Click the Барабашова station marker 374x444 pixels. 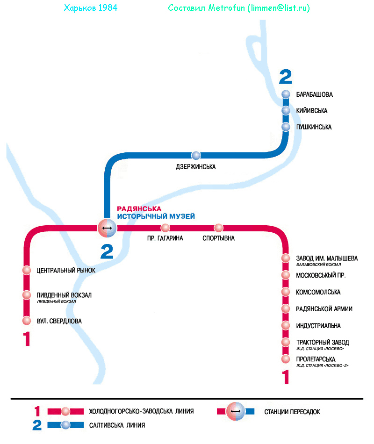(x=286, y=94)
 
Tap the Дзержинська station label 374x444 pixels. (x=196, y=167)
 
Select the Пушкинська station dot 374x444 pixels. (x=286, y=127)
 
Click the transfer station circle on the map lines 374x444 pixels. (x=107, y=228)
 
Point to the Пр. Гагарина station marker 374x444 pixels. (x=165, y=228)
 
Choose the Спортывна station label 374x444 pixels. (x=219, y=238)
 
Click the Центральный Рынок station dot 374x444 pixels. (x=27, y=270)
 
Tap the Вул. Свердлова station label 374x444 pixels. (x=59, y=321)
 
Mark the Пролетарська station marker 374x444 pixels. (x=286, y=359)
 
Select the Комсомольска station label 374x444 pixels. (x=318, y=292)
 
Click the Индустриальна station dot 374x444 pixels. (x=286, y=325)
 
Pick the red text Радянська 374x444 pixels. (x=139, y=209)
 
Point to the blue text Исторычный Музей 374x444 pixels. (x=156, y=216)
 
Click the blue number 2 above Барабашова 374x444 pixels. (x=285, y=77)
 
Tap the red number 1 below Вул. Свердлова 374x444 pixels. (x=27, y=339)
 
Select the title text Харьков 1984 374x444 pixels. (x=90, y=8)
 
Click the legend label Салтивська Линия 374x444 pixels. (x=117, y=425)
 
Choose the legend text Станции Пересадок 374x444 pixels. (x=292, y=412)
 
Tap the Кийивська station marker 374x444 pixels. (x=286, y=111)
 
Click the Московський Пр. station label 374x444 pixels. (x=321, y=275)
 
